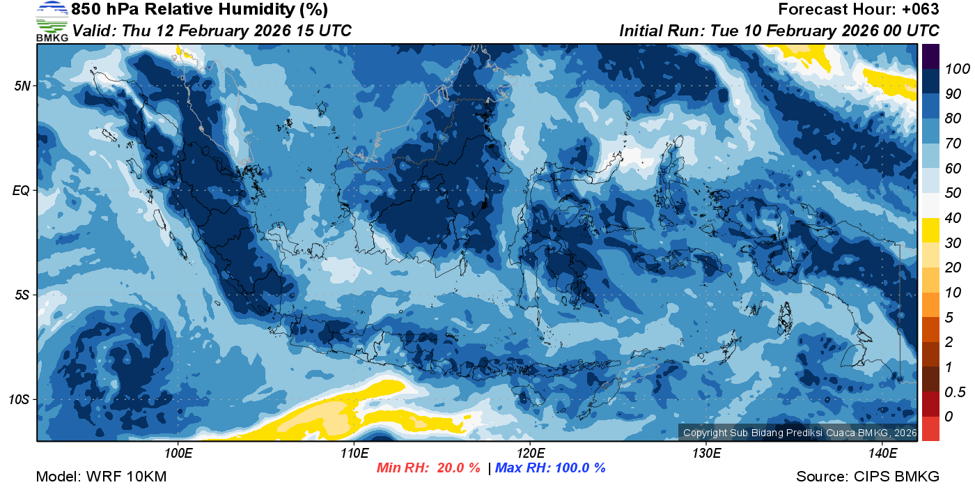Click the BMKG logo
[52, 21]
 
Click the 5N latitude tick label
[23, 86]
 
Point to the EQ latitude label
[23, 190]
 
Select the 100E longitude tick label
[178, 454]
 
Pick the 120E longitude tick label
[530, 454]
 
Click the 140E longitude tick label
[882, 454]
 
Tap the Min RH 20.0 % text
[428, 468]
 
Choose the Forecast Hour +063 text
[858, 10]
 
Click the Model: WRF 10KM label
[101, 477]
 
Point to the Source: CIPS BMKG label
[868, 477]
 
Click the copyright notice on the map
[799, 433]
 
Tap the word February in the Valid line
[211, 31]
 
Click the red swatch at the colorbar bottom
[931, 428]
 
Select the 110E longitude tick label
[354, 454]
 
